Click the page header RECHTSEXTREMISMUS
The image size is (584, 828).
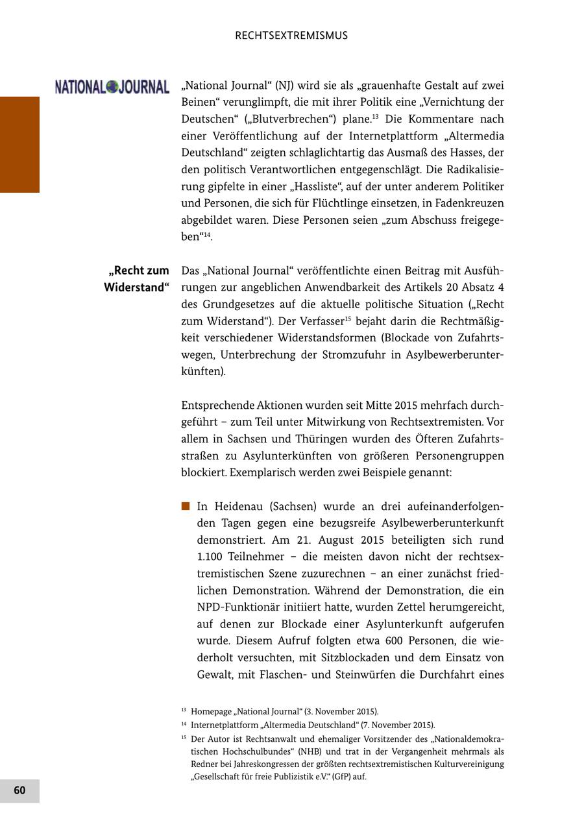point(291,36)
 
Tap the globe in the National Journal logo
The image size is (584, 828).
point(112,86)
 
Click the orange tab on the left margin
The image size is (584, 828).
point(19,144)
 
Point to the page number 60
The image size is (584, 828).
point(19,790)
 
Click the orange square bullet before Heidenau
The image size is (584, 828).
point(186,506)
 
